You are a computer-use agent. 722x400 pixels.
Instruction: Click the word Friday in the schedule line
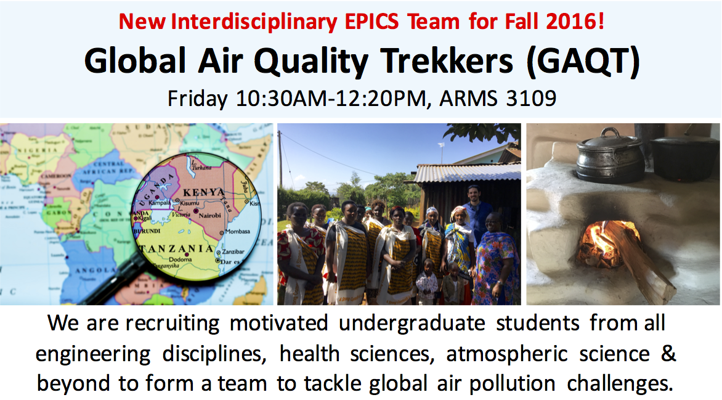click(198, 99)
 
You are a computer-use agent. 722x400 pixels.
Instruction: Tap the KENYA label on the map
click(204, 192)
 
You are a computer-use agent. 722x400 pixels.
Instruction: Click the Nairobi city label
click(209, 215)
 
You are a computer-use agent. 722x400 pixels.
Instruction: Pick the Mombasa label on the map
click(238, 231)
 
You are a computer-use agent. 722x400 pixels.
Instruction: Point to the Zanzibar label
click(233, 251)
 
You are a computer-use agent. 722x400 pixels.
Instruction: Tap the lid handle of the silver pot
click(610, 133)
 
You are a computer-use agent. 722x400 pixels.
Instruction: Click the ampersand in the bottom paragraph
click(668, 353)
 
